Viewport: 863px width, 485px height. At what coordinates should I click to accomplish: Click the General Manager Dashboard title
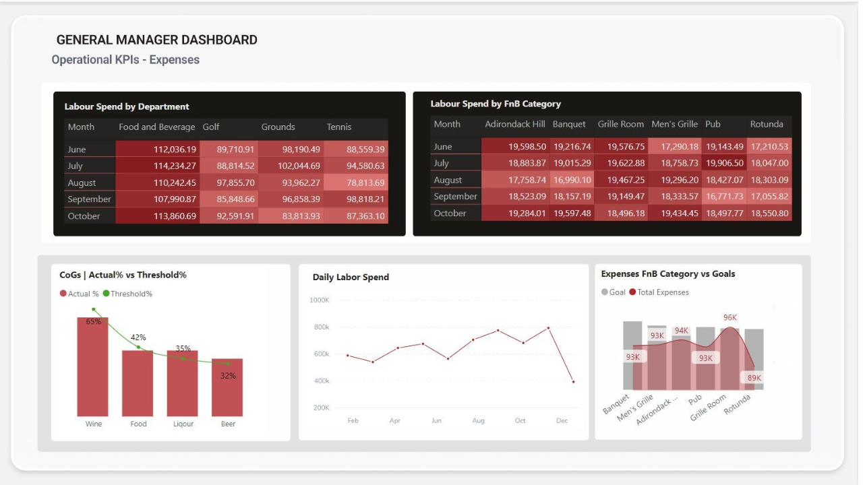point(156,40)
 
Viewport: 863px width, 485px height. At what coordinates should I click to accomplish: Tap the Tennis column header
point(339,127)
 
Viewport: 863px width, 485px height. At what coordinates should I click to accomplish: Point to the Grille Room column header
point(620,124)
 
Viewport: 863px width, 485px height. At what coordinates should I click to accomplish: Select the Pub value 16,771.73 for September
point(724,197)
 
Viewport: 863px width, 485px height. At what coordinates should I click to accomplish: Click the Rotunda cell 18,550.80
point(769,214)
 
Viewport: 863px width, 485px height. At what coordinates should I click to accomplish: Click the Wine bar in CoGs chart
point(93,367)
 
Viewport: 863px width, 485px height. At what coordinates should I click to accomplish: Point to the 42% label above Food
point(138,337)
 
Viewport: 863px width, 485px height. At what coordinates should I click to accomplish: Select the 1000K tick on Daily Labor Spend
point(320,300)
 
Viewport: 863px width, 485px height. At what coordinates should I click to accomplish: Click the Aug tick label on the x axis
point(478,420)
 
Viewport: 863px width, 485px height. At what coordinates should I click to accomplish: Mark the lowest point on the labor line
point(573,382)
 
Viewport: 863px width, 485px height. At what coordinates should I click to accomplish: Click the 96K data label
point(730,317)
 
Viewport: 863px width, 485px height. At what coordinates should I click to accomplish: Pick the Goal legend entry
point(613,292)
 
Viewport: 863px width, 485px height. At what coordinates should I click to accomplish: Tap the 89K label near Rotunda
point(754,378)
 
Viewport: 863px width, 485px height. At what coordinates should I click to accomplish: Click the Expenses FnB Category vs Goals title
point(667,274)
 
